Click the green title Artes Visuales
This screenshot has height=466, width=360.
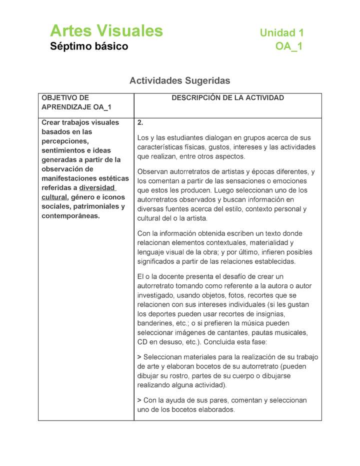coord(106,31)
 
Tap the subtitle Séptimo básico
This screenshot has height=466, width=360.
coord(89,47)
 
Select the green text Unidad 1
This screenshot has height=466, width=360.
coord(281,33)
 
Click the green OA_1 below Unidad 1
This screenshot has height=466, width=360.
coord(288,47)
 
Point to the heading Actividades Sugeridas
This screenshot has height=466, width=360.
coord(179,80)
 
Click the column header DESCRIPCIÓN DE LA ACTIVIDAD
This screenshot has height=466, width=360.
coord(227,98)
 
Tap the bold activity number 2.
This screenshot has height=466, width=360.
coord(140,122)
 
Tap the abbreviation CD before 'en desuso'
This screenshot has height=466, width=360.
coord(142,342)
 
